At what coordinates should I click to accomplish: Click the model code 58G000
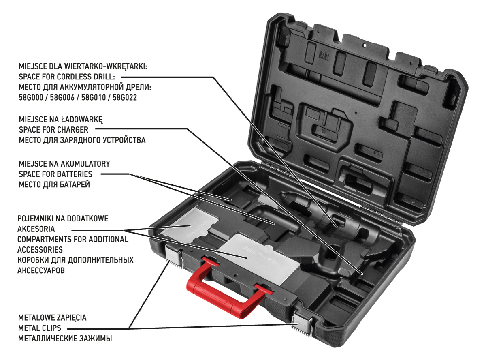coord(31,98)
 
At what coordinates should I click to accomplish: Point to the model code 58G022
coord(125,98)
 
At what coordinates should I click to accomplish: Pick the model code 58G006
coord(62,98)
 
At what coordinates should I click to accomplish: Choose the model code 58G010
coord(94,98)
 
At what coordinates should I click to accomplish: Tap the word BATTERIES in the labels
coord(74,174)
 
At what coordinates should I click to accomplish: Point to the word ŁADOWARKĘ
coord(81,120)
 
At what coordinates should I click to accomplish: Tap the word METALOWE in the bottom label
coord(36,318)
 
